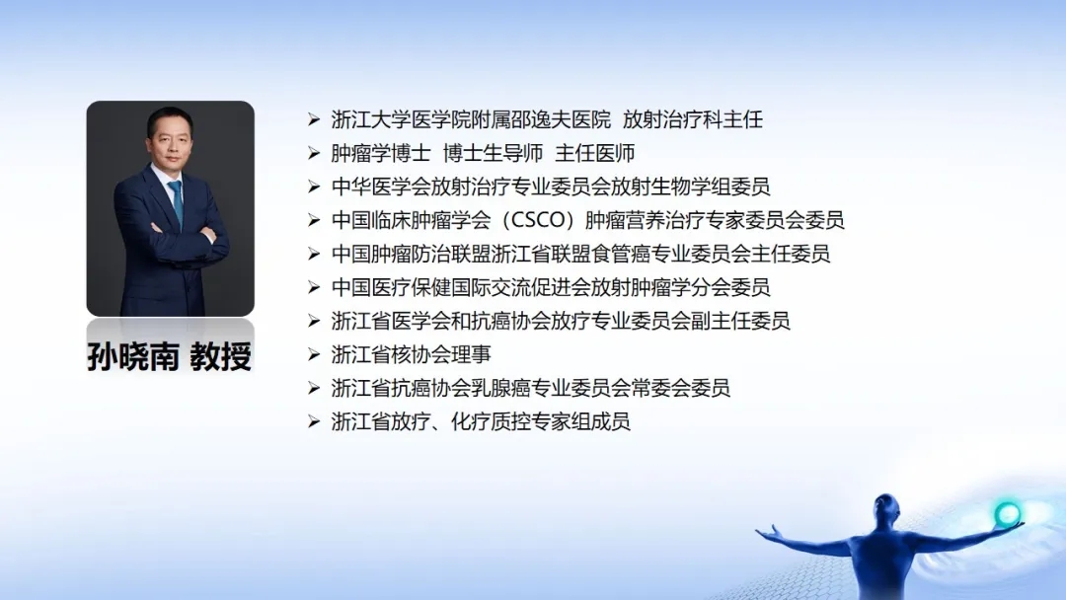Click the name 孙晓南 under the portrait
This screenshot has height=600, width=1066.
(x=133, y=356)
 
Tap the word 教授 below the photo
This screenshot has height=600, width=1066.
(x=221, y=356)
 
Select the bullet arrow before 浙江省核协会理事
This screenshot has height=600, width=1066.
(x=314, y=354)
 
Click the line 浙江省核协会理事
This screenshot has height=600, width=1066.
(x=412, y=354)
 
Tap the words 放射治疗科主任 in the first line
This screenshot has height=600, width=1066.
(x=693, y=119)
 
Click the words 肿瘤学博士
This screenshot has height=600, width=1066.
(x=381, y=154)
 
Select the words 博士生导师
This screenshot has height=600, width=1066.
(x=493, y=154)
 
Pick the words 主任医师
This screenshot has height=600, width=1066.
(x=595, y=154)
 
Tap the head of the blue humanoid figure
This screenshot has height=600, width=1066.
(x=886, y=507)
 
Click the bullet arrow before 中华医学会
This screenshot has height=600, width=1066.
(x=314, y=187)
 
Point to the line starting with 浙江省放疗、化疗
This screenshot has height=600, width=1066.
(x=481, y=422)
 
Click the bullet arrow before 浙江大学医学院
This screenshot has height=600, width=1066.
(x=314, y=120)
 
